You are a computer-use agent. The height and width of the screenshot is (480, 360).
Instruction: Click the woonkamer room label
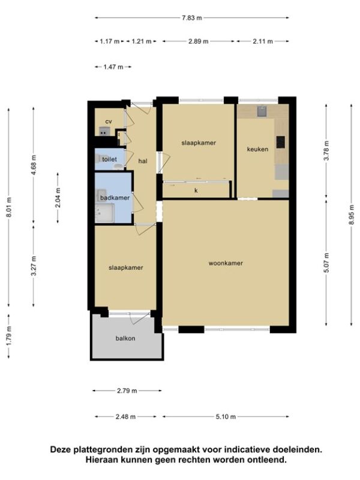click(x=226, y=263)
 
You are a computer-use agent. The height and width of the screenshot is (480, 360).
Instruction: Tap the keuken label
click(x=257, y=149)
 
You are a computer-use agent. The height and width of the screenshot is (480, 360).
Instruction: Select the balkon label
click(x=125, y=338)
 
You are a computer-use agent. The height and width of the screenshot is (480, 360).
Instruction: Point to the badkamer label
click(x=115, y=198)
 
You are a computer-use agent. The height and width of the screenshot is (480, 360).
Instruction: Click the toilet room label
click(x=109, y=160)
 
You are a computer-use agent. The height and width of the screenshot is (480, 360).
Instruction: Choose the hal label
click(x=143, y=161)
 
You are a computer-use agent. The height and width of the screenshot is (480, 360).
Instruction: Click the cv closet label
click(x=109, y=122)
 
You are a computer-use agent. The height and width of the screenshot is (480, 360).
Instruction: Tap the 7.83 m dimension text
click(x=192, y=18)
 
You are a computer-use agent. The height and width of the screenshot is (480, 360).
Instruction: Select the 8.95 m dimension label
click(x=352, y=214)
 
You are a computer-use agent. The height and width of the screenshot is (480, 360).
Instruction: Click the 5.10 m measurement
click(x=226, y=416)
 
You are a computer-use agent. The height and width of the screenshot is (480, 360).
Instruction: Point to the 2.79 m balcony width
click(x=127, y=391)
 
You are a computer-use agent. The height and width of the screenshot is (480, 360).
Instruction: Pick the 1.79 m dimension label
click(x=8, y=336)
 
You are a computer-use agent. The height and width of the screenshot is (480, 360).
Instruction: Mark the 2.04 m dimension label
click(x=58, y=197)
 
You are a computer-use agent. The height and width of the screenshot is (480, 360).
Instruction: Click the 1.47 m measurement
click(x=113, y=67)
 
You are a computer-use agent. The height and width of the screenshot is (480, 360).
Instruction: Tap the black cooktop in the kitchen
click(x=281, y=142)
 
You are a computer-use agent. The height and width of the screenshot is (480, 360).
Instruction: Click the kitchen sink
click(x=262, y=112)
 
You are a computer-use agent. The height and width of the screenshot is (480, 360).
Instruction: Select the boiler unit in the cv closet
click(x=104, y=131)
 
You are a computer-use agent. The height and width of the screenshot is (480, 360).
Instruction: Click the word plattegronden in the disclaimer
click(x=102, y=449)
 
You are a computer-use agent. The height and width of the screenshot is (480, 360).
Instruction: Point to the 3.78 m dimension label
click(x=326, y=151)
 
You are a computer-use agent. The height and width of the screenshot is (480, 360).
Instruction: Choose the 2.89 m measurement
click(x=199, y=41)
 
